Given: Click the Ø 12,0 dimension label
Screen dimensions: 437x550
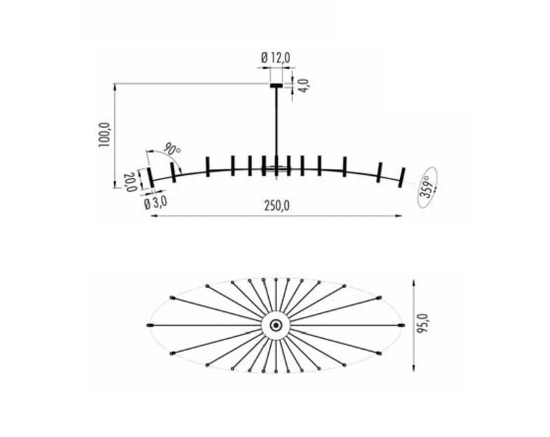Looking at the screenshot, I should tap(276, 59).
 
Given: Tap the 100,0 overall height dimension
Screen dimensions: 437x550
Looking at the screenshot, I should tap(104, 136).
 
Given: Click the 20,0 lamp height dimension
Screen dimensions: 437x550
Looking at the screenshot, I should tap(129, 181).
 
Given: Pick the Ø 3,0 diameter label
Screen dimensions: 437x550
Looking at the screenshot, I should tap(155, 203).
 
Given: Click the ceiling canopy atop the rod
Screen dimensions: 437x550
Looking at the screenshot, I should tap(276, 85).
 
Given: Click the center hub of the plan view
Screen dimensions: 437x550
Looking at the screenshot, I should tap(276, 325).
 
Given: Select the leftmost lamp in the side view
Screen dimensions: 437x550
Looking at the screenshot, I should tap(150, 178).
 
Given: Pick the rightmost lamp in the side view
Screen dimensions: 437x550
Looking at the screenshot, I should tap(402, 176).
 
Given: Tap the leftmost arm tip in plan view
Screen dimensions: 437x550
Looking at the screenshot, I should tap(149, 325).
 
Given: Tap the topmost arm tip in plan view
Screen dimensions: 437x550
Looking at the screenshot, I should tap(276, 280).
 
